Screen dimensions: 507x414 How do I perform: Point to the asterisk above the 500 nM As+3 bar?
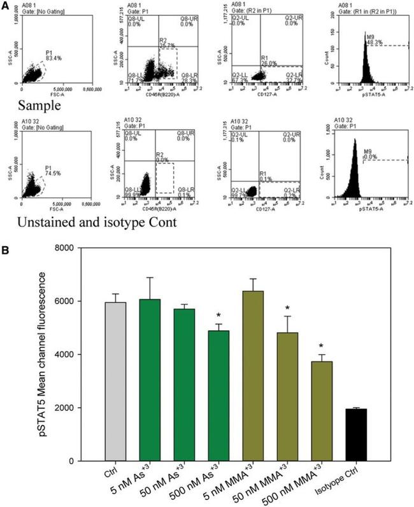click(218, 316)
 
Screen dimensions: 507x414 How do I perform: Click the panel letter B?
click(6, 233)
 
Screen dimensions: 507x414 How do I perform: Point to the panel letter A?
click(6, 6)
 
